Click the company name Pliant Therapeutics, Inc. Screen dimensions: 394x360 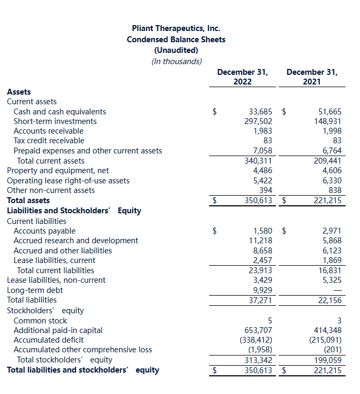tap(176, 28)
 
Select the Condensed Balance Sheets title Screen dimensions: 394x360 tap(176, 40)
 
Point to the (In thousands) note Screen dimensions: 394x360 tap(177, 61)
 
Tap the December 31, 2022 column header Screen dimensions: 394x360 tap(242, 76)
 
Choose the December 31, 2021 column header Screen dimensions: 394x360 tap(312, 76)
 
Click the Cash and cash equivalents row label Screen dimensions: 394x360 tap(59, 112)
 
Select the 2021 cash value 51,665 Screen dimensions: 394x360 tap(330, 112)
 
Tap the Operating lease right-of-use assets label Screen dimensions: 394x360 tap(68, 181)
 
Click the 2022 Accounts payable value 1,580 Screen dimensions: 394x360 tap(263, 231)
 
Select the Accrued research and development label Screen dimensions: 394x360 tap(75, 241)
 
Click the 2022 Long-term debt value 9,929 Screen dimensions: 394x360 tap(263, 290)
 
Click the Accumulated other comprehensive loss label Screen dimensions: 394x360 tap(82, 350)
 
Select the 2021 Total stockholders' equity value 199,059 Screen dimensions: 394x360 tap(327, 360)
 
